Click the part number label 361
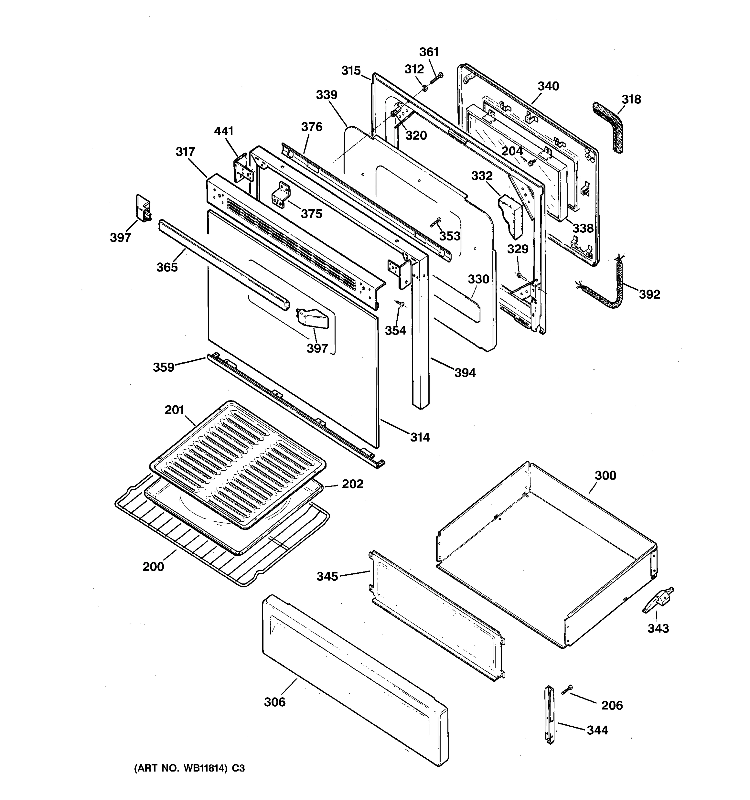coord(429,52)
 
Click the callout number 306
coord(274,702)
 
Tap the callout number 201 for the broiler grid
coord(174,410)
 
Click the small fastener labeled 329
coord(519,275)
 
